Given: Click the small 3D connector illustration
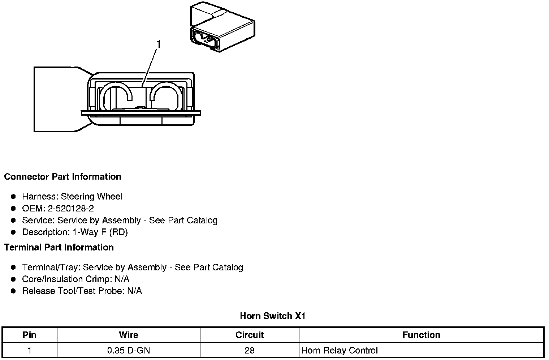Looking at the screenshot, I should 221,28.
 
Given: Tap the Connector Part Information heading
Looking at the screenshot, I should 62,177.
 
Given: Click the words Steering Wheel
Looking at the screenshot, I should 92,197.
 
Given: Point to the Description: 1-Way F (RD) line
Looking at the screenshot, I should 75,232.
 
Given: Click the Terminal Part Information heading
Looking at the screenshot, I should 59,247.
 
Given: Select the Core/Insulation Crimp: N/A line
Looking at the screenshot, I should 75,279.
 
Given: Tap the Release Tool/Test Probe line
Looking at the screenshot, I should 82,291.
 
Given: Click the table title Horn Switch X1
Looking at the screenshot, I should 273,316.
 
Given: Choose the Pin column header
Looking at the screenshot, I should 29,335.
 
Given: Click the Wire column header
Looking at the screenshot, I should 129,335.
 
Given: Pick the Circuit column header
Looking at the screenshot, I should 250,335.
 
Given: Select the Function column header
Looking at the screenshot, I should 421,335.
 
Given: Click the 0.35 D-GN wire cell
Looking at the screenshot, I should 129,350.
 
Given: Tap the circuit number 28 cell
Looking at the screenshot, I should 250,350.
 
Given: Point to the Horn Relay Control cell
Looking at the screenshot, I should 340,350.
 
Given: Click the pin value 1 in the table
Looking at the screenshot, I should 29,350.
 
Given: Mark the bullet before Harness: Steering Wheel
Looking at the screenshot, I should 13,197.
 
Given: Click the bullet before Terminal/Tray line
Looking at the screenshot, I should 13,267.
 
